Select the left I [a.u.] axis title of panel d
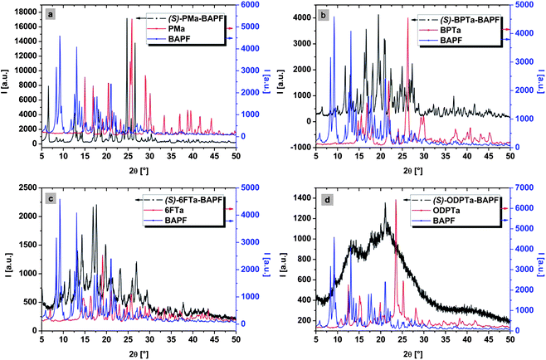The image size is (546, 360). (282, 262)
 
